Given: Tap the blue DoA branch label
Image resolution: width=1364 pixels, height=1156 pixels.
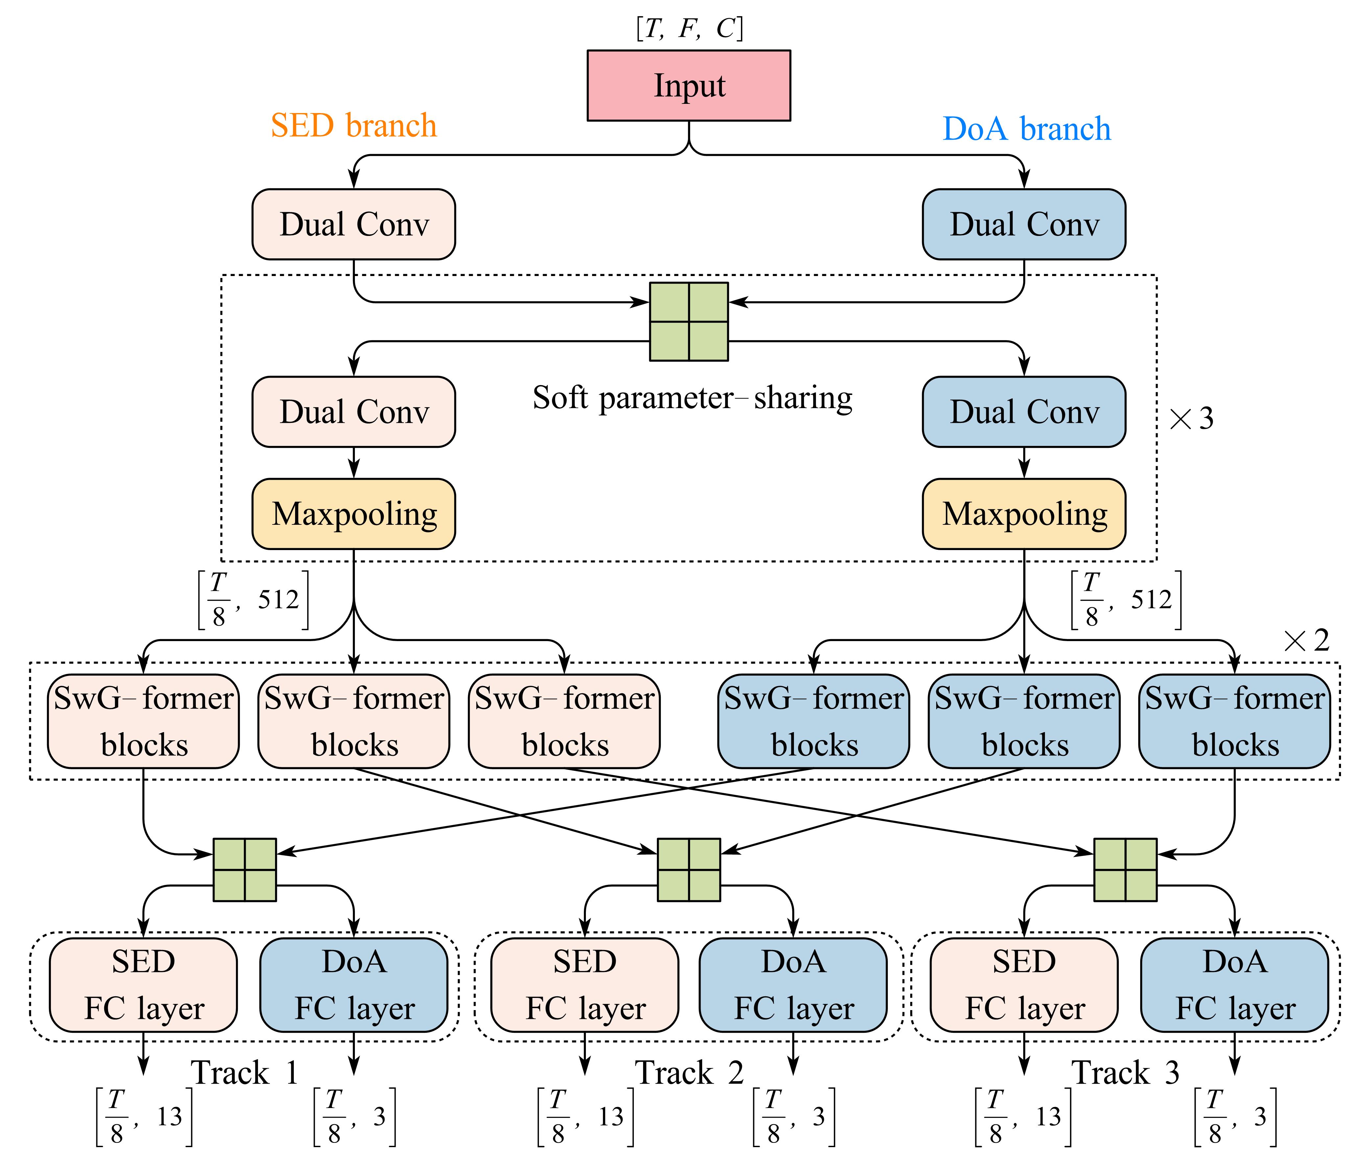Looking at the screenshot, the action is pyautogui.click(x=1027, y=128).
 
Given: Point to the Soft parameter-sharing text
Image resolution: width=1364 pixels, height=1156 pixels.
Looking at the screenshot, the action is pyautogui.click(x=692, y=398).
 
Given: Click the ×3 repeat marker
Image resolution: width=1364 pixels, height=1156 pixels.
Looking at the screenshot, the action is pyautogui.click(x=1191, y=418).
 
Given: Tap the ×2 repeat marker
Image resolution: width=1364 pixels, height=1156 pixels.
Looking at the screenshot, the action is pyautogui.click(x=1307, y=640).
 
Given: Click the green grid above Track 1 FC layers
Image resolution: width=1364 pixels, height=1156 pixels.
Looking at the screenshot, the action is pyautogui.click(x=244, y=869).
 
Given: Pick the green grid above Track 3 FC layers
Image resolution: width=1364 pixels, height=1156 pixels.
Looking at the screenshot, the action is pyautogui.click(x=1125, y=869).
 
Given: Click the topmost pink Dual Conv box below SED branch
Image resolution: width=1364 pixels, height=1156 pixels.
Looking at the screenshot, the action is pyautogui.click(x=354, y=224).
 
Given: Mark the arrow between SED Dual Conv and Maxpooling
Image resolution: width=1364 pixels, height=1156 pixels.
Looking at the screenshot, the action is pyautogui.click(x=354, y=463).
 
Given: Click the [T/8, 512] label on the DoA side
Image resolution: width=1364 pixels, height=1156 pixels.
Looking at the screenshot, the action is pyautogui.click(x=1126, y=600).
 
